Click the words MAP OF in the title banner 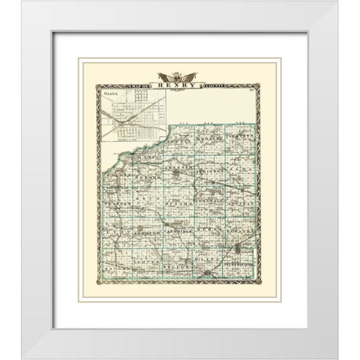tap(143, 82)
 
